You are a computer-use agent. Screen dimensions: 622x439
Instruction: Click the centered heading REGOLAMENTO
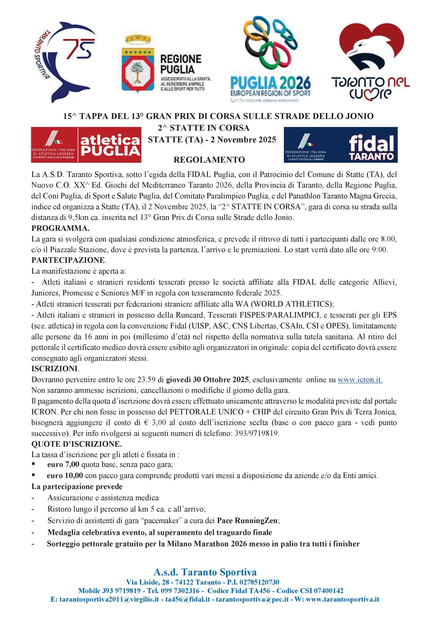pyautogui.click(x=209, y=160)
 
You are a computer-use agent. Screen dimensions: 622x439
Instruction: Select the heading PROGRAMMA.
pyautogui.click(x=60, y=228)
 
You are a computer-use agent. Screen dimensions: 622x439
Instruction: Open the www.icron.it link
pyautogui.click(x=360, y=380)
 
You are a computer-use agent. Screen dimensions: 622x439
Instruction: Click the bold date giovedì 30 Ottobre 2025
pyautogui.click(x=207, y=380)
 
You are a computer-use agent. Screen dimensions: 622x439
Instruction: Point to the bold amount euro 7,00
pyautogui.click(x=63, y=464)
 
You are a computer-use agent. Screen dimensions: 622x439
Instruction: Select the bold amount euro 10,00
pyautogui.click(x=65, y=475)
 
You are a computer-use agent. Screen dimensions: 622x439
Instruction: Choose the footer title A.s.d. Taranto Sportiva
pyautogui.click(x=205, y=572)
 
